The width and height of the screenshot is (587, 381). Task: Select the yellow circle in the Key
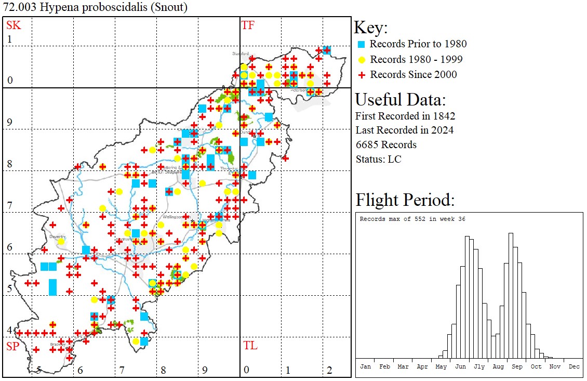coord(362,59)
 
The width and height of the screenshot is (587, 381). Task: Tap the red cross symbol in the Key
coord(362,75)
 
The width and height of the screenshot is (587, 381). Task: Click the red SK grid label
coord(14,25)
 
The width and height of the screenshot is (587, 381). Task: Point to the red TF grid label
coord(248,25)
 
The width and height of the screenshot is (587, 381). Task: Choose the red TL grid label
coord(250,346)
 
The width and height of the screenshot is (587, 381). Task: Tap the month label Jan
coord(365,366)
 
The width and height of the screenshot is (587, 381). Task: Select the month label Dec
coord(573,366)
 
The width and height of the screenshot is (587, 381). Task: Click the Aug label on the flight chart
coord(498,366)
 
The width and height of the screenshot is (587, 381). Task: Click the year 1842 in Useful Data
coord(443,115)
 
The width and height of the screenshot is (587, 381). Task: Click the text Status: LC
coord(378,159)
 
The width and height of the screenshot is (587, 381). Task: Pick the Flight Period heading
coord(405,200)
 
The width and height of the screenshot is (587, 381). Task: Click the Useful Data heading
coord(401,100)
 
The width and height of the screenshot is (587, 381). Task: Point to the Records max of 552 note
coord(412,219)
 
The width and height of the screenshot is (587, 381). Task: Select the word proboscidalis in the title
coord(106,7)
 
